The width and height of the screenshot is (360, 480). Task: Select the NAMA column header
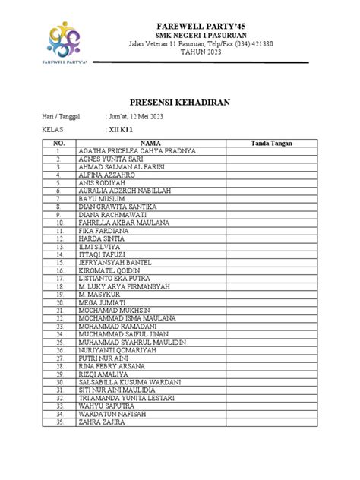coord(150,142)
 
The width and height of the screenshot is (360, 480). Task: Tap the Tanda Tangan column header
coord(273,142)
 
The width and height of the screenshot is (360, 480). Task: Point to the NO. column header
coord(58,142)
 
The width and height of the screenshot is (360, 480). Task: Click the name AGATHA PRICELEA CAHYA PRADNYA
coord(137,151)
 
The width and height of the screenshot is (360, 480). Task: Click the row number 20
coord(58,302)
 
